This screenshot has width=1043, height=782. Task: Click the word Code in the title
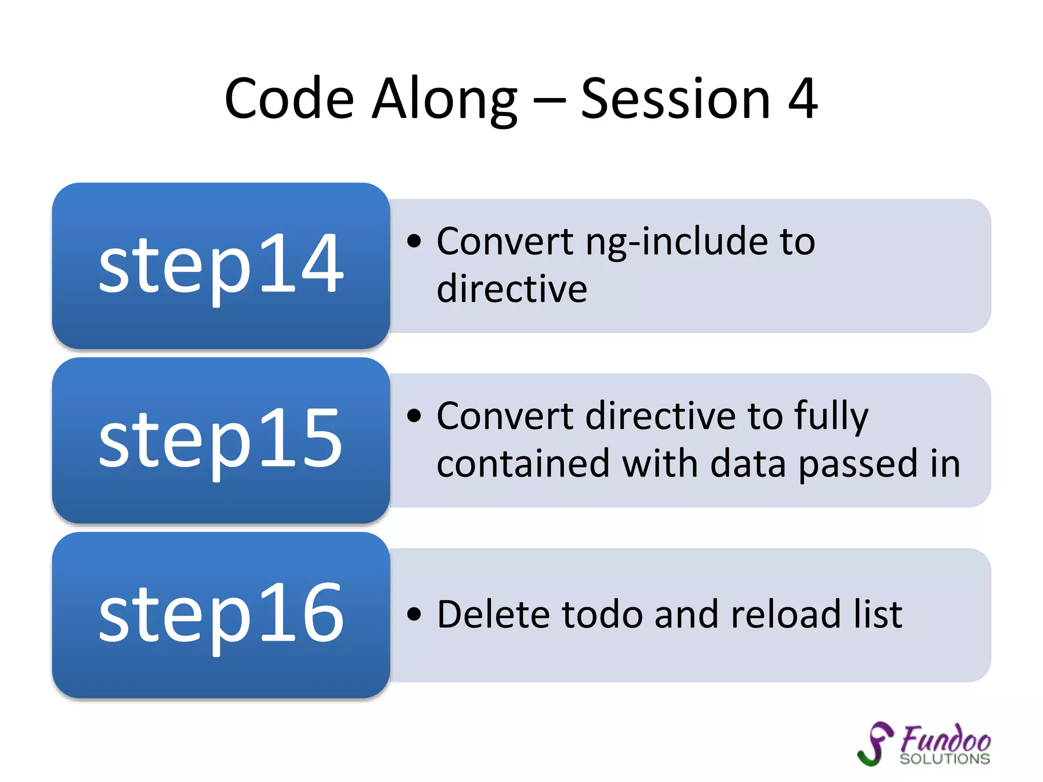(289, 99)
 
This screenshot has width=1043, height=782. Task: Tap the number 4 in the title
(802, 99)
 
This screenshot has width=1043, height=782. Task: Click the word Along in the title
(444, 99)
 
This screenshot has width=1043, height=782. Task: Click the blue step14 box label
(221, 265)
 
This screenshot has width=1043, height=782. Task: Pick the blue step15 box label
(221, 439)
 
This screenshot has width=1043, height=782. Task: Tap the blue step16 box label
(221, 614)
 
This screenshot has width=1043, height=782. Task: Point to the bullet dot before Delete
(415, 614)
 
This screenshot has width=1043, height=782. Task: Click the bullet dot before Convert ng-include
(415, 241)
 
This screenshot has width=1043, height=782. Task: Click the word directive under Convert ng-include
(512, 289)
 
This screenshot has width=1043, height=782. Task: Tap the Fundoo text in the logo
(945, 739)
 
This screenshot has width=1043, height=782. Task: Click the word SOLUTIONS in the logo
(945, 759)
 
